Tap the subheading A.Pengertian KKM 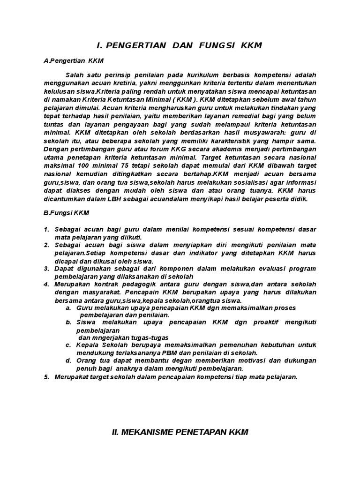[x=73, y=61]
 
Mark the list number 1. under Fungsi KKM [x=46, y=229]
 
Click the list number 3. [x=46, y=269]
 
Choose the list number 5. [x=46, y=377]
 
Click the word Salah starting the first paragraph [x=75, y=75]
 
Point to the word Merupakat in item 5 [x=70, y=377]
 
